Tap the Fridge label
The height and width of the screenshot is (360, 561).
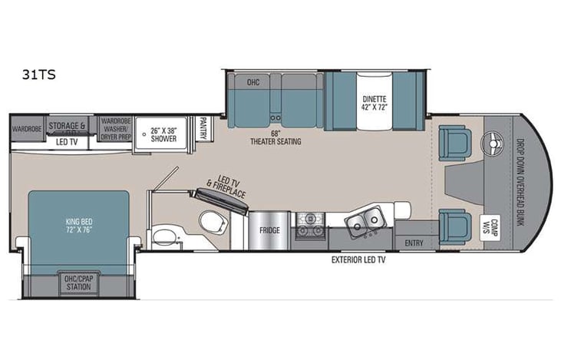pyautogui.click(x=268, y=230)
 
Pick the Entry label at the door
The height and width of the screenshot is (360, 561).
pyautogui.click(x=413, y=243)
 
